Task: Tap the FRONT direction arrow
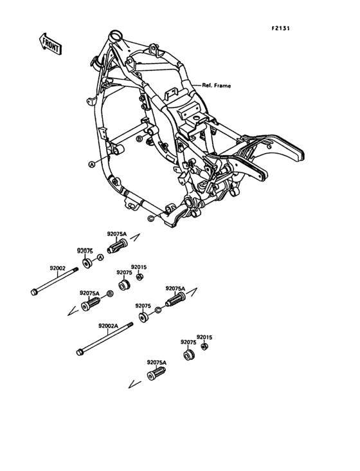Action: (50, 43)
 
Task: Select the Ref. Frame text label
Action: (216, 85)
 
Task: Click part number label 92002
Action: (59, 267)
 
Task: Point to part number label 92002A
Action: (109, 326)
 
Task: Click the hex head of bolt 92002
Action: (33, 293)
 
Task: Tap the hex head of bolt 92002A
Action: (80, 352)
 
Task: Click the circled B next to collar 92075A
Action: (109, 293)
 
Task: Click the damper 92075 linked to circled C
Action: (142, 317)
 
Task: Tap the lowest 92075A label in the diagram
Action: (156, 363)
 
